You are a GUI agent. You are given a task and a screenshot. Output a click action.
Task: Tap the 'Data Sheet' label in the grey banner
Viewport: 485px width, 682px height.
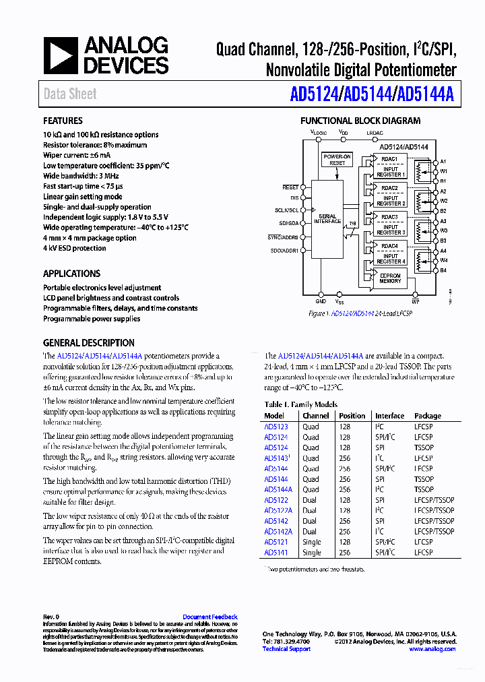pos(70,94)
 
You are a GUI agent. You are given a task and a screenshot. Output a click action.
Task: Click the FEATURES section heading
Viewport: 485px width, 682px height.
pos(63,121)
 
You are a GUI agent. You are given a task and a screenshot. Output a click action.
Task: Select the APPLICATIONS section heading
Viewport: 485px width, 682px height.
pos(71,274)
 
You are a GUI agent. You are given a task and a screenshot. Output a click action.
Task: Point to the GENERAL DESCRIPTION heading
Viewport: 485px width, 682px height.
pos(89,343)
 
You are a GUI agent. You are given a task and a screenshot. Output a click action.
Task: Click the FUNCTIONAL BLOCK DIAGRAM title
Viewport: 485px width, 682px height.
pos(360,121)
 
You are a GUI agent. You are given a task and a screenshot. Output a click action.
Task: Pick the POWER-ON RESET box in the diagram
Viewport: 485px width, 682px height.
pos(337,160)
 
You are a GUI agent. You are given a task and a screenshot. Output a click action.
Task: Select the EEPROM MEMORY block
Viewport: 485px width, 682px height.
pos(390,278)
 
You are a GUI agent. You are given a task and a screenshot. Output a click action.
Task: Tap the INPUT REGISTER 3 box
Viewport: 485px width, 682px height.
pos(391,230)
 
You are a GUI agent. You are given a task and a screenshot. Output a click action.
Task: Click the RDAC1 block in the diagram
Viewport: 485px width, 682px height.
pos(389,159)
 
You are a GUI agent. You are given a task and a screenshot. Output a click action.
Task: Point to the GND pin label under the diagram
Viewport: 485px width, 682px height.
pos(321,294)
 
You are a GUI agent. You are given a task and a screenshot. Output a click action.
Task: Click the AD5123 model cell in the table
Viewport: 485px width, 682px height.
pos(276,427)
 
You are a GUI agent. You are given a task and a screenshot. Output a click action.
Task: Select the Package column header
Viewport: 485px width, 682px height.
pos(428,416)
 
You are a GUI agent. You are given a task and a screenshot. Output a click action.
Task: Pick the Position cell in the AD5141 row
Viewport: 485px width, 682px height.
pos(344,553)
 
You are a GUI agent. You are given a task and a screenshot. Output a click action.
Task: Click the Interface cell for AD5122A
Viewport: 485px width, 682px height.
pos(380,511)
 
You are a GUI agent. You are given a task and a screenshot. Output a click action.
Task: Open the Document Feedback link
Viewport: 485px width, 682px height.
pos(210,617)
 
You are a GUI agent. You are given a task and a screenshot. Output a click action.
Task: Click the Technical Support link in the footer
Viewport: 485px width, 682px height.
pos(286,649)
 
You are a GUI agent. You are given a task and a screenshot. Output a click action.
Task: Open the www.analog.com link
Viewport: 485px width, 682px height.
pos(432,649)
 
